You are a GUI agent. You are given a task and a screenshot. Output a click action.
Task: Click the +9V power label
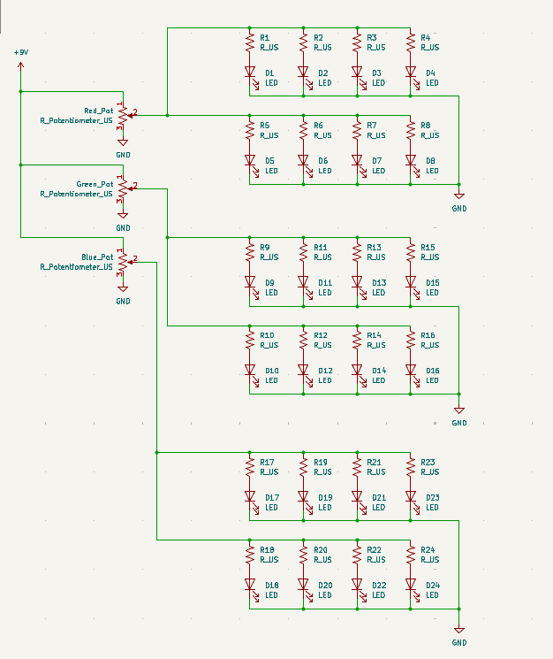point(21,53)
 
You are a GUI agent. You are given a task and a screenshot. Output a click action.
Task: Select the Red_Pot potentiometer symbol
point(123,114)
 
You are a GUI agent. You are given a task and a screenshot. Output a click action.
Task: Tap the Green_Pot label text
point(95,184)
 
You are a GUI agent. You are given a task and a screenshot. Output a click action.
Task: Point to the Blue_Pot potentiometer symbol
point(123,261)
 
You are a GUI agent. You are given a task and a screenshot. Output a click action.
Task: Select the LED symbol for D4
point(411,73)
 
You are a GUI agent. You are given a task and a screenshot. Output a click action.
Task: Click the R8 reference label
point(426,126)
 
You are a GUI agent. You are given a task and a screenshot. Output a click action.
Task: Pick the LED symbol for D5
point(250,160)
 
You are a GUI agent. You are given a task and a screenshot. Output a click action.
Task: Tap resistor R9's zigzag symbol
point(250,252)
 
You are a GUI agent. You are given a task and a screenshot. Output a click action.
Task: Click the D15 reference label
point(432,282)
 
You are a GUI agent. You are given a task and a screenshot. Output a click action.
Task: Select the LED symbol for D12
point(304,371)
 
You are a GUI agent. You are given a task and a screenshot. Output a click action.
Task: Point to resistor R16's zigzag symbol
point(411,341)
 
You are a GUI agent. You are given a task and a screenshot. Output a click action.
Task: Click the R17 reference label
point(268,462)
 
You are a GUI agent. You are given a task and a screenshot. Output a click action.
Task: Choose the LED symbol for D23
point(411,497)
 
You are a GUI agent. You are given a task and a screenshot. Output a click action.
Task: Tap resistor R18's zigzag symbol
point(250,555)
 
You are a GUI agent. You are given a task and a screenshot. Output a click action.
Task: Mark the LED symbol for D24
point(411,585)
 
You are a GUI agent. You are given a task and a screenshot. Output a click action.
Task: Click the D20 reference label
point(325,585)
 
